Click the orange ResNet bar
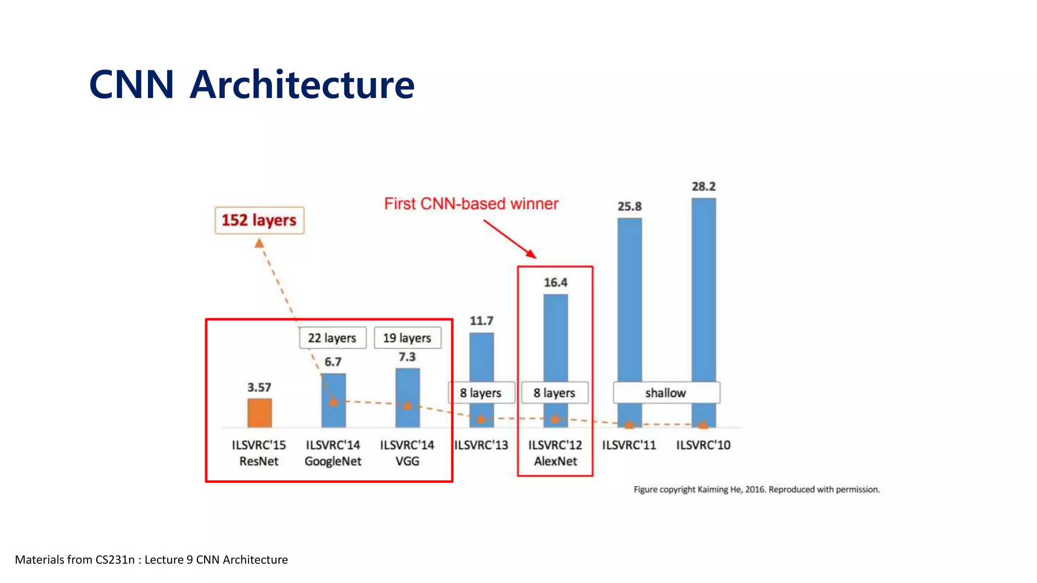point(259,412)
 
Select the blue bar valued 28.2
point(703,288)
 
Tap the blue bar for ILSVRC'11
point(629,299)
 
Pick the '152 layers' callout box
point(259,220)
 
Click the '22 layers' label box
point(332,338)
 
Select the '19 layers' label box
point(407,338)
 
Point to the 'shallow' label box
point(666,393)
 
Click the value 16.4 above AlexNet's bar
point(555,282)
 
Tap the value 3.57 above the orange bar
point(259,388)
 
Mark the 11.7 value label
point(481,321)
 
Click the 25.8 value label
point(629,206)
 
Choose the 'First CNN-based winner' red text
point(471,203)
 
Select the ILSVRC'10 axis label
point(703,445)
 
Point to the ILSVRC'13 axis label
point(481,445)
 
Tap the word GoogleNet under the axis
point(333,462)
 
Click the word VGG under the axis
point(407,462)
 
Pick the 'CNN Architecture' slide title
point(252,85)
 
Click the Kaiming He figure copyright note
point(756,489)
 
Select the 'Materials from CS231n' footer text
point(151,560)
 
